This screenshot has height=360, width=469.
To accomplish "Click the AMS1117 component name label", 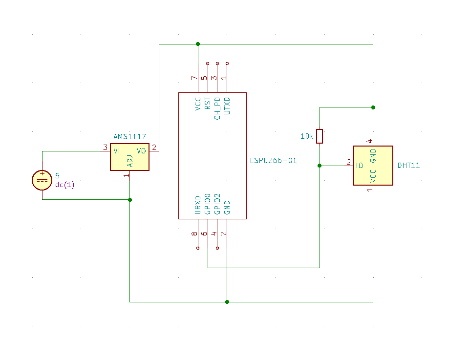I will (x=129, y=137).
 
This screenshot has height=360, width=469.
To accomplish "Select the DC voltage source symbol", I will (x=42, y=180).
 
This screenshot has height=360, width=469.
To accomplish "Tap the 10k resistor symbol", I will (x=320, y=136).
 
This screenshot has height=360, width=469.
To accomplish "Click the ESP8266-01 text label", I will (x=273, y=160).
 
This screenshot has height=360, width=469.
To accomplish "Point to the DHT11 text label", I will (x=408, y=166).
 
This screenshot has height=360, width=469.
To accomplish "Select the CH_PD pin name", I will (x=217, y=107).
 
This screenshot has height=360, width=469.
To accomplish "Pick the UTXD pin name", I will (x=227, y=106).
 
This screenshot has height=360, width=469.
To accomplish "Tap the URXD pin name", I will (x=198, y=205).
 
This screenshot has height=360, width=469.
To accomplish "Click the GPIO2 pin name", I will (x=217, y=204).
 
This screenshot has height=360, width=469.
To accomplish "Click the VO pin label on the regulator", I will (x=141, y=151).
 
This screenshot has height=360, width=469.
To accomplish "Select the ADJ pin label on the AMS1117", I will (x=129, y=161).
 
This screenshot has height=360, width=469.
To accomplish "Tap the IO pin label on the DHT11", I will (x=360, y=166).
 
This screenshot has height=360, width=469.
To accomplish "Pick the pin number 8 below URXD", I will (x=194, y=234).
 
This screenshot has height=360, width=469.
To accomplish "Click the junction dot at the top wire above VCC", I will (x=198, y=44).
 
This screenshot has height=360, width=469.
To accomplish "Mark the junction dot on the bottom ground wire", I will (x=227, y=302).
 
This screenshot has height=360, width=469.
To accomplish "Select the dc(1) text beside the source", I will (x=64, y=185).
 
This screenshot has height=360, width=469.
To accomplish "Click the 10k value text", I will (x=306, y=136).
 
